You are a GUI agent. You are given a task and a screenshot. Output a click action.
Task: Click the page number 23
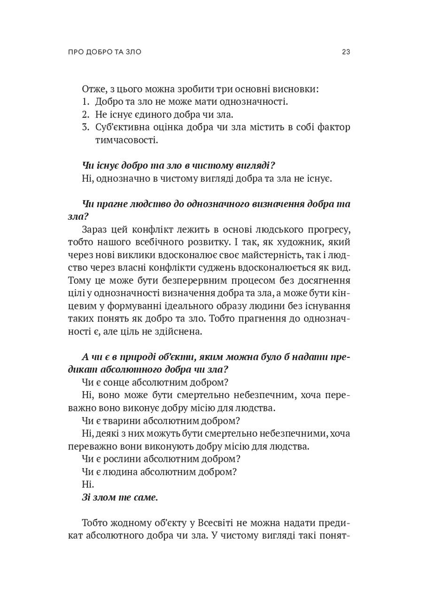(346, 52)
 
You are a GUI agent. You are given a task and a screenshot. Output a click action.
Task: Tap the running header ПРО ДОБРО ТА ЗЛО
(104, 52)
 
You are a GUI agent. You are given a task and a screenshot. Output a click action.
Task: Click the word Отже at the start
(93, 89)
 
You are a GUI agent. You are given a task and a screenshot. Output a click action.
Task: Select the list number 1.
(85, 101)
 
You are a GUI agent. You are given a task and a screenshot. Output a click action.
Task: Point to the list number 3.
(85, 127)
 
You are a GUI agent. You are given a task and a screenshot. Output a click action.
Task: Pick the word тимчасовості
(126, 140)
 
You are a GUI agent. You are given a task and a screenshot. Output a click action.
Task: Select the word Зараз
(95, 230)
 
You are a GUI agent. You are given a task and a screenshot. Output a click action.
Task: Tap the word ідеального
(220, 306)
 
